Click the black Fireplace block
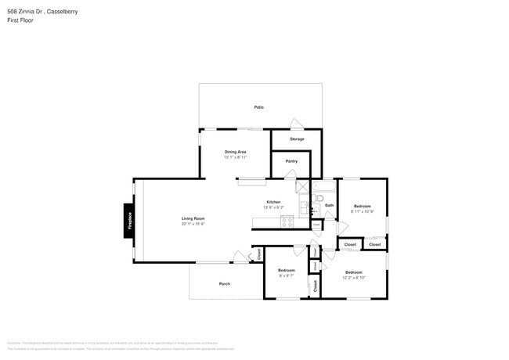click(129, 220)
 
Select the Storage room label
click(297, 139)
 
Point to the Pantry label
click(291, 161)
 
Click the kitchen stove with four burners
click(287, 221)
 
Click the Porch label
click(225, 283)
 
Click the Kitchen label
click(273, 202)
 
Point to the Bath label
click(330, 205)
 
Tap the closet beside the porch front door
click(258, 254)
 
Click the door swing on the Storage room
click(295, 124)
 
